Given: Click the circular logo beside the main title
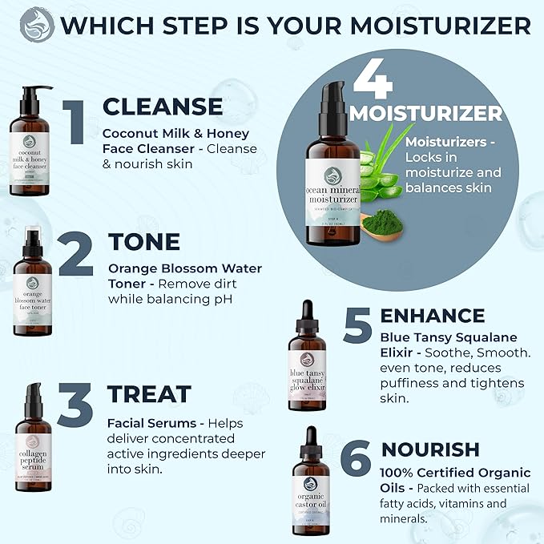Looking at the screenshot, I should pos(37,25).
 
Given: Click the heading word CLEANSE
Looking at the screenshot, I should pos(163,107).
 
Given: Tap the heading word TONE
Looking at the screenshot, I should pos(144,241).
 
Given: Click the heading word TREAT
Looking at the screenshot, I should pos(149,393).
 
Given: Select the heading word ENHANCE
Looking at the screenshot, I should pos(433,315).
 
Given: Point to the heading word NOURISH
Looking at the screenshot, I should pos(430,449).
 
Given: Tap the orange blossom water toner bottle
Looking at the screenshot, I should pos(32,288).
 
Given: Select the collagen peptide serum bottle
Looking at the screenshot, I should pos(32,437).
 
